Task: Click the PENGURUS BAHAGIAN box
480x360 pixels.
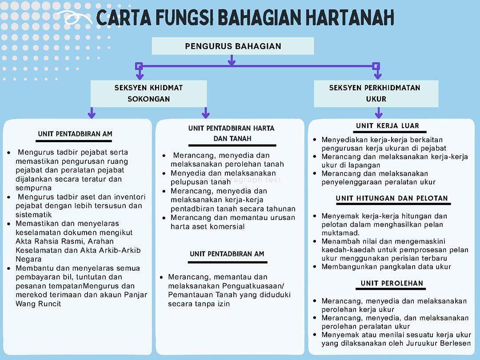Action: pos(233,46)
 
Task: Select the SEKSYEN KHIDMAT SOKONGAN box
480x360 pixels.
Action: pos(148,93)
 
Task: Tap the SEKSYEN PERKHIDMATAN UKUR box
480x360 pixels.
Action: pos(376,93)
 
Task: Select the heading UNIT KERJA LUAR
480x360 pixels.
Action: pos(388,126)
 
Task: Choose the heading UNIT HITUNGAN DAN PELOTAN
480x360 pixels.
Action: pos(392,198)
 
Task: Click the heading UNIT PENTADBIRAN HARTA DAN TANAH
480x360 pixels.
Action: pos(232,133)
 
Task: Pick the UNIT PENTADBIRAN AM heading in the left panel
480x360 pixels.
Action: pos(75,134)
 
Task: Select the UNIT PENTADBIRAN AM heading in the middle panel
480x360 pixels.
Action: pos(227,254)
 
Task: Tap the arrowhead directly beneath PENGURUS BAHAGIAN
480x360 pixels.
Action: pos(231,63)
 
